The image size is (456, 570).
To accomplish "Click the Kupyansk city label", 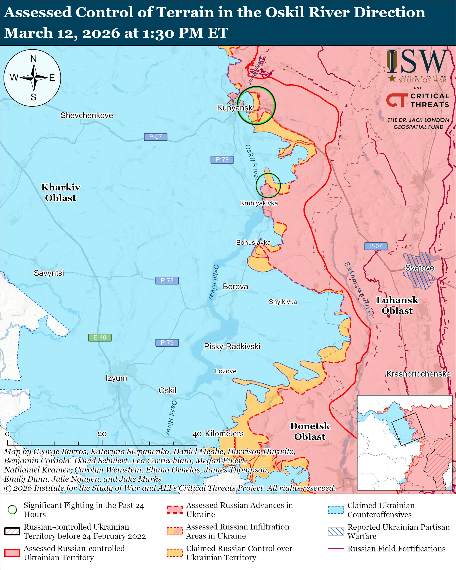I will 235,108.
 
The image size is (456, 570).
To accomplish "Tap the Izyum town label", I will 116,378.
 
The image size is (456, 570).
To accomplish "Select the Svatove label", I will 419,268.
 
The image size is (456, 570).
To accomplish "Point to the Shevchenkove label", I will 87,115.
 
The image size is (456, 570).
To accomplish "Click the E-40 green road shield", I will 100,337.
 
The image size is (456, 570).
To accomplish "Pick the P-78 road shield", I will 167,280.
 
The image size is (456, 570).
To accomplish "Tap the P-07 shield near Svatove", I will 375,246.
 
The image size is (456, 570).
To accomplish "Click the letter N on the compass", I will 33,59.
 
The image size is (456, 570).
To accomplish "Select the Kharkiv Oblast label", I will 60,193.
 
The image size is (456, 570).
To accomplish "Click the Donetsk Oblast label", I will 310,431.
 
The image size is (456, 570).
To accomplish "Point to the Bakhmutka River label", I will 358,289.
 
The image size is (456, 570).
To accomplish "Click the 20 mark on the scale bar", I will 102,434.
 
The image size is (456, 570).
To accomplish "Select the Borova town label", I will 235,287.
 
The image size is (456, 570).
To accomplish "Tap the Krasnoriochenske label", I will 418,374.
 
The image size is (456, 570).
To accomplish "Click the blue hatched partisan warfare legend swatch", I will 336,531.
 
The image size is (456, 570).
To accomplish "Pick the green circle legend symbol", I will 12,510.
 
